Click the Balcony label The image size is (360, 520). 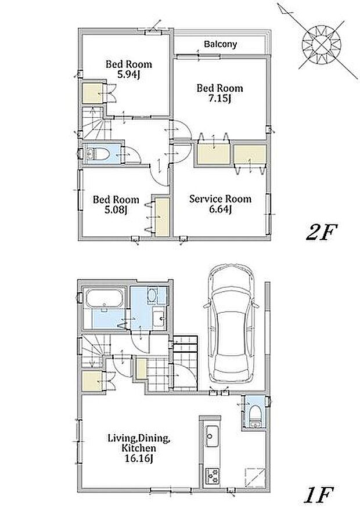[x=220, y=44]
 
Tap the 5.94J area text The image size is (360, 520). [x=129, y=75]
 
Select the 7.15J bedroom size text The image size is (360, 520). [x=219, y=99]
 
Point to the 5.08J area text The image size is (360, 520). [x=116, y=210]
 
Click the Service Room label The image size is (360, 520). [x=220, y=199]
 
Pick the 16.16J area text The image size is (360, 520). [x=139, y=459]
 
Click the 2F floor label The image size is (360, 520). [x=322, y=233]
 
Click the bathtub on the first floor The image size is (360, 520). [x=105, y=298]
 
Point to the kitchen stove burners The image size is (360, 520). [x=211, y=475]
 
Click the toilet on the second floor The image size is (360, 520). [x=98, y=154]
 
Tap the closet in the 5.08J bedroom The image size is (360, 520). [x=163, y=217]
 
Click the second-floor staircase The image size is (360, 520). [x=94, y=122]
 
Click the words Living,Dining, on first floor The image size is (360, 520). [x=139, y=438]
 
